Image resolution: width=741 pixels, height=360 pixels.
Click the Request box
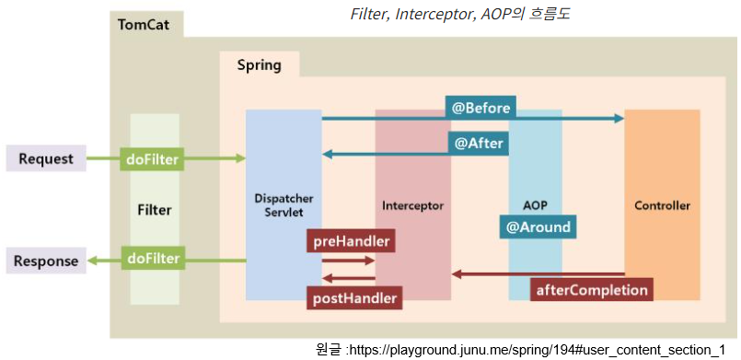tap(46, 158)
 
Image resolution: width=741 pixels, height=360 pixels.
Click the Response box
tap(46, 261)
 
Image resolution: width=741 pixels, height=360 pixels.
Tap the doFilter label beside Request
tap(151, 159)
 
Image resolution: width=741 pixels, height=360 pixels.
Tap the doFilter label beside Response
tap(151, 257)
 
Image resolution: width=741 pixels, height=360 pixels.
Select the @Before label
tap(480, 107)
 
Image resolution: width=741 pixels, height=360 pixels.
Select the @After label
tap(478, 144)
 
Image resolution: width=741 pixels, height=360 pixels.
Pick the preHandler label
tap(351, 242)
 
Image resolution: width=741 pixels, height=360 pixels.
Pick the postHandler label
tap(353, 297)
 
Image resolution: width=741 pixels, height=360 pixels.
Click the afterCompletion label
tap(593, 289)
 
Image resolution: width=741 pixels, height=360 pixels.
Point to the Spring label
tap(259, 64)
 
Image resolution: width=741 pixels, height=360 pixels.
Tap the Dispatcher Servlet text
tap(284, 204)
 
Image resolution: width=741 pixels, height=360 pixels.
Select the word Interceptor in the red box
tap(413, 205)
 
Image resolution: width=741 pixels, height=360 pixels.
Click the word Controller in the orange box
tap(662, 205)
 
